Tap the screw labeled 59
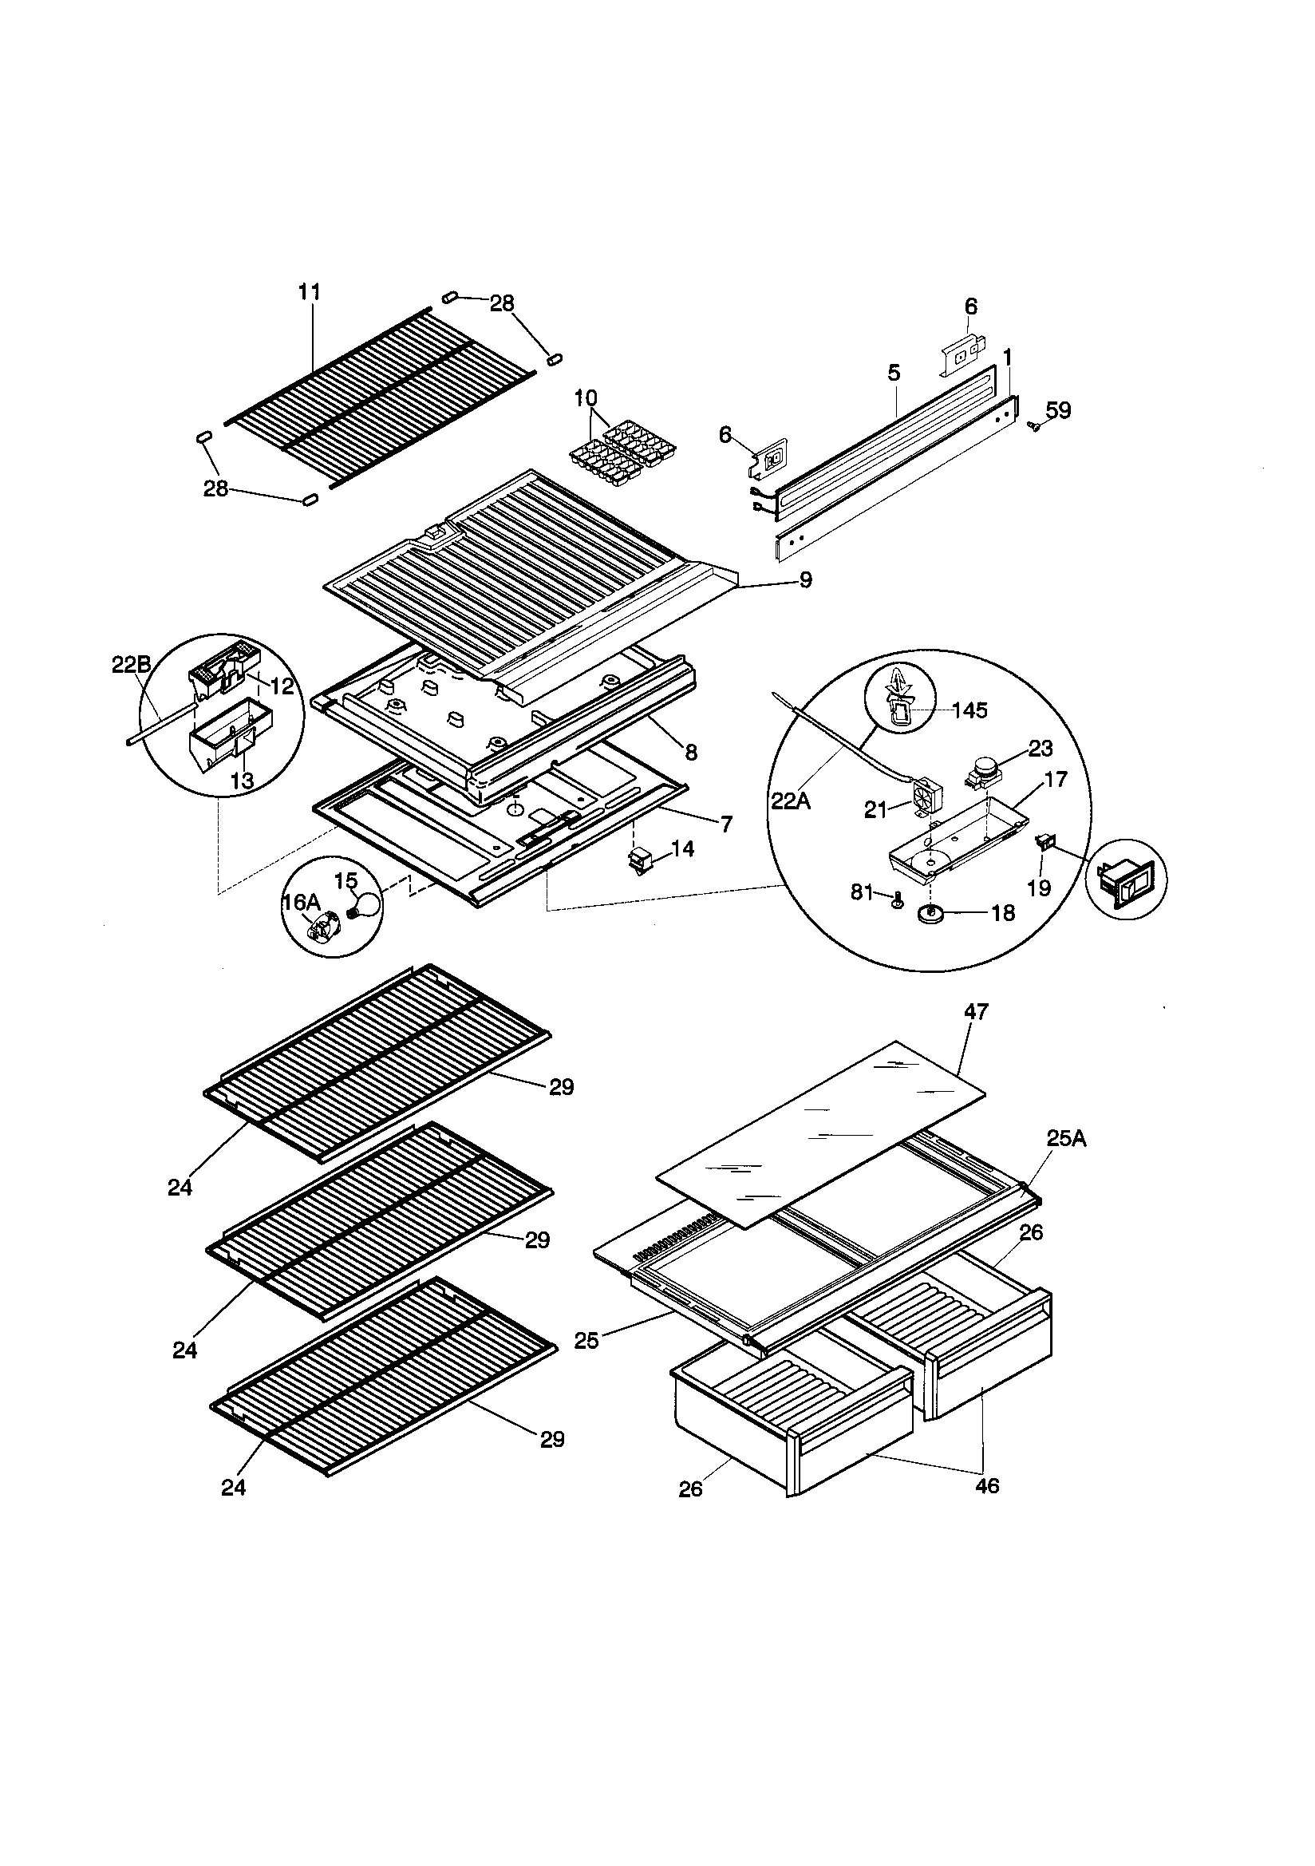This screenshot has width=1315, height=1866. (x=1035, y=425)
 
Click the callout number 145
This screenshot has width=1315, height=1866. (x=969, y=710)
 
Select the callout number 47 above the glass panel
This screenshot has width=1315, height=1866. (x=976, y=1012)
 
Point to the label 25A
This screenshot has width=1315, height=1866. (x=1065, y=1139)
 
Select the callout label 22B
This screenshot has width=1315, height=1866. (x=131, y=664)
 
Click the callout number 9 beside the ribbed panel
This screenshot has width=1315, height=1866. (x=804, y=580)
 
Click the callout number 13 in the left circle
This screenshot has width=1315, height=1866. (x=243, y=781)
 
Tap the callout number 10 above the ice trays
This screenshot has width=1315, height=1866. (x=585, y=398)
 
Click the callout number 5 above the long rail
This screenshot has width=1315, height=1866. (x=894, y=373)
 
